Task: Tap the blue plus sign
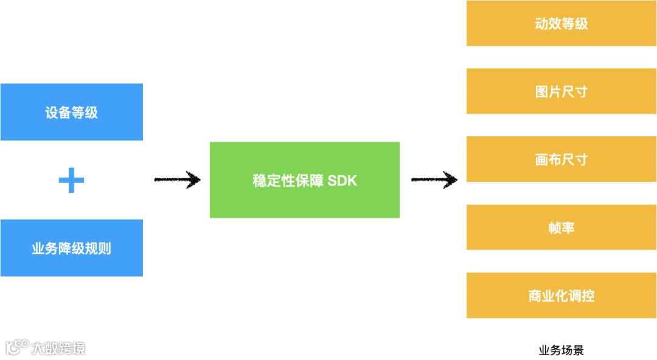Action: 71,180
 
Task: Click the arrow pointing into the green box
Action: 177,179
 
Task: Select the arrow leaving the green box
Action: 434,179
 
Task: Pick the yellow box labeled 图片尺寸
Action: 561,91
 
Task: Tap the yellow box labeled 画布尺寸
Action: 561,159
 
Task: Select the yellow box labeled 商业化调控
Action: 561,296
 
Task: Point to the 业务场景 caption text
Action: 561,350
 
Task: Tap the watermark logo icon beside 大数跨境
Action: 16,347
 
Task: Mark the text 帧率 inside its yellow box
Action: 561,227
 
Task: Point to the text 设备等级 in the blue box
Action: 71,112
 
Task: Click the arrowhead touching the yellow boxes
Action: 451,179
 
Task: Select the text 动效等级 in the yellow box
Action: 561,24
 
